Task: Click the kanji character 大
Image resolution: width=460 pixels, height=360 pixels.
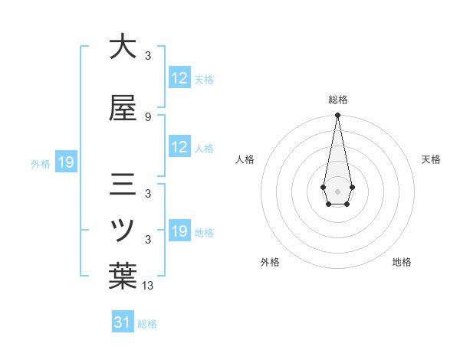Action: pos(123,47)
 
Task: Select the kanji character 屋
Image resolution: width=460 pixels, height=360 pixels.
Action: pos(123,110)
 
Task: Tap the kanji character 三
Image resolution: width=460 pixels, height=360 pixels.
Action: pos(123,186)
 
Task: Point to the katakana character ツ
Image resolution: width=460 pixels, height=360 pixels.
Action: pos(123,230)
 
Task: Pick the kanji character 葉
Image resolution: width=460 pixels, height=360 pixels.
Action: pos(123,277)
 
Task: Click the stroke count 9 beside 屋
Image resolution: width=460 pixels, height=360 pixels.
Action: pos(148,117)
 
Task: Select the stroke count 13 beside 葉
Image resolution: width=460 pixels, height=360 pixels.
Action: pos(148,286)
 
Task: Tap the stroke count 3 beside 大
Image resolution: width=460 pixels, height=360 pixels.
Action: pos(148,55)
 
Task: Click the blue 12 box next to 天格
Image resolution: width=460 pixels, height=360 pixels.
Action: pos(179,78)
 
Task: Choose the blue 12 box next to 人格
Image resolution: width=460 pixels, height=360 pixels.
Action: pos(179,147)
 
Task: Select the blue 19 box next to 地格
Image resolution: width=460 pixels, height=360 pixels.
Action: pos(179,231)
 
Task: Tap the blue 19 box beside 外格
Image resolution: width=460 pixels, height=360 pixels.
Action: pos(65,162)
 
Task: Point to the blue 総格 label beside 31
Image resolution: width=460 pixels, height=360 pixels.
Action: pos(147,324)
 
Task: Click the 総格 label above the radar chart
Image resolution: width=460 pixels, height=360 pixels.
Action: pos(338,100)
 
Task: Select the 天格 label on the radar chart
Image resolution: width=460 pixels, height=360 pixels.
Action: pos(431,159)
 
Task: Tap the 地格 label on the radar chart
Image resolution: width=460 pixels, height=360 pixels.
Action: pos(402,262)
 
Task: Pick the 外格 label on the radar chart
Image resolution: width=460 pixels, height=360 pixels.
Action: pos(270,262)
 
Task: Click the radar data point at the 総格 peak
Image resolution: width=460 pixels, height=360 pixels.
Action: pos(337,115)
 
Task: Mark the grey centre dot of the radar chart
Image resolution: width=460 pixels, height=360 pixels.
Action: pos(337,190)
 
